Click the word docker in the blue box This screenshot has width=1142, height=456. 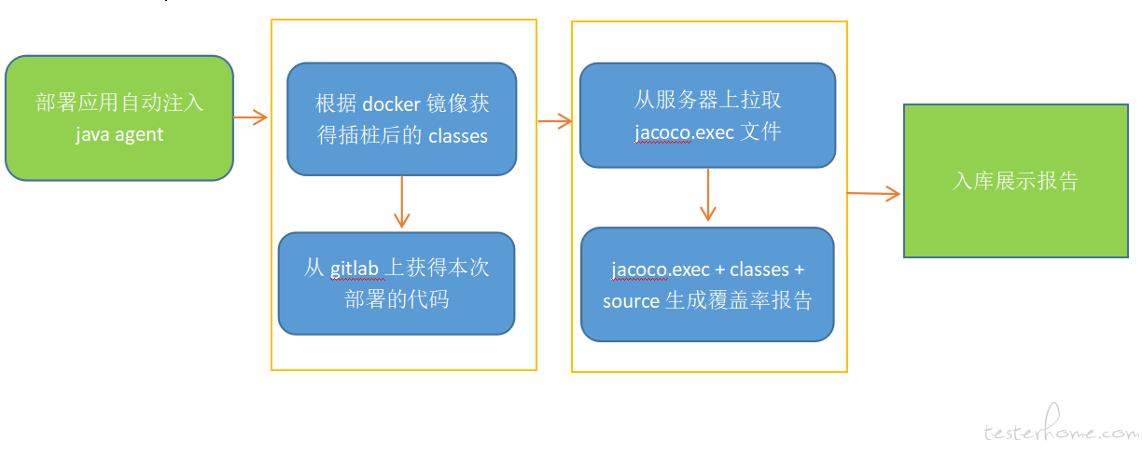pyautogui.click(x=392, y=104)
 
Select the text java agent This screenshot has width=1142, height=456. pyautogui.click(x=119, y=134)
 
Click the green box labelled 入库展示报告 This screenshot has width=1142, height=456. pyautogui.click(x=1015, y=181)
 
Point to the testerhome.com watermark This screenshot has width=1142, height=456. pyautogui.click(x=1061, y=425)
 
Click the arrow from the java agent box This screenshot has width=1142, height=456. pyautogui.click(x=250, y=117)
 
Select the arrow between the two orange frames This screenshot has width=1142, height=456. pyautogui.click(x=555, y=120)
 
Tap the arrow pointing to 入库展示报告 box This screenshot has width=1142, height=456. pyautogui.click(x=873, y=193)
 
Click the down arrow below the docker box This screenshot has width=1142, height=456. pyautogui.click(x=402, y=201)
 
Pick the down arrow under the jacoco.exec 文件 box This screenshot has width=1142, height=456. pyautogui.click(x=708, y=195)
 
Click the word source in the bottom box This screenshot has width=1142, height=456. pyautogui.click(x=631, y=301)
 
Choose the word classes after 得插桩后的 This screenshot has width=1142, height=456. pyautogui.click(x=458, y=136)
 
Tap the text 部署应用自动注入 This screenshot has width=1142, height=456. pyautogui.click(x=119, y=103)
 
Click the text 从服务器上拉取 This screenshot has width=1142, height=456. pyautogui.click(x=707, y=100)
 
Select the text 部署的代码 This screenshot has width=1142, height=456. pyautogui.click(x=397, y=299)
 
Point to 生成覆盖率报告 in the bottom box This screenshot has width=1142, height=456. pyautogui.click(x=739, y=300)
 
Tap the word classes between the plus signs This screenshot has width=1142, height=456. pyautogui.click(x=759, y=269)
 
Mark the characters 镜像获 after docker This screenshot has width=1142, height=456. pyautogui.click(x=458, y=104)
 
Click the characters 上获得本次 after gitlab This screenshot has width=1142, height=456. pyautogui.click(x=437, y=268)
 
